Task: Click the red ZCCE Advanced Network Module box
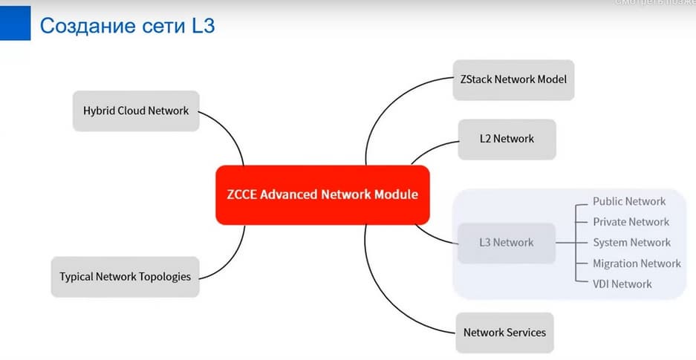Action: (x=322, y=194)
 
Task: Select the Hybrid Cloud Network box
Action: (x=136, y=111)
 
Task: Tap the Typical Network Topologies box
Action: (x=125, y=276)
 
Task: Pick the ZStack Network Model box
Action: (x=513, y=79)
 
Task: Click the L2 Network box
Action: (x=507, y=139)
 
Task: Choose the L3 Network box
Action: (x=507, y=243)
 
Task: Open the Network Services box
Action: (x=504, y=332)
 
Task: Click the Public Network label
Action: (x=629, y=201)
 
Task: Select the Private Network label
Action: (x=631, y=222)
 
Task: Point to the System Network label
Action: (x=631, y=243)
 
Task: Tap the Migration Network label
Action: (x=637, y=264)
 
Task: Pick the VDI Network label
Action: (x=622, y=284)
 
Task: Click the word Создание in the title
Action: (x=82, y=25)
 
